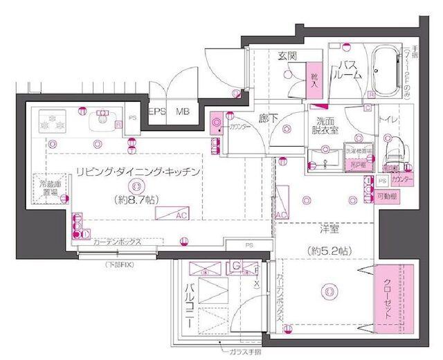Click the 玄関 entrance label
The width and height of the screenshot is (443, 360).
[287, 57]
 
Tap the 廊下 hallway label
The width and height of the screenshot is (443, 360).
[268, 119]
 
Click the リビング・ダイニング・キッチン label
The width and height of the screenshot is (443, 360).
[138, 170]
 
